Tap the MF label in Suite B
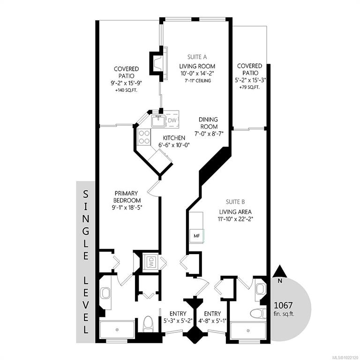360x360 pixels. point(197,236)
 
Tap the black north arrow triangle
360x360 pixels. point(280,271)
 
